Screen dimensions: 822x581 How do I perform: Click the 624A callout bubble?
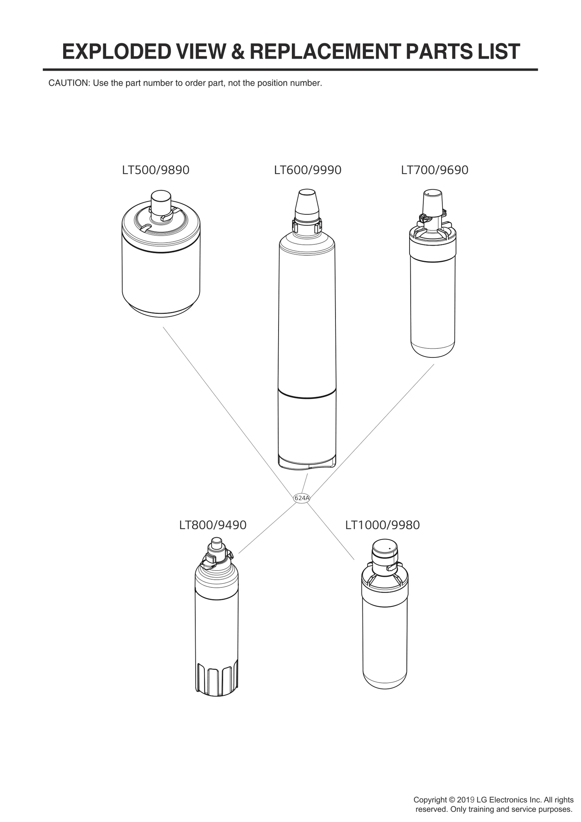301,498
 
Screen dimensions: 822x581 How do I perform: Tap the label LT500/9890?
156,170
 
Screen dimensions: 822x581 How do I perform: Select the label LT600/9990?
308,170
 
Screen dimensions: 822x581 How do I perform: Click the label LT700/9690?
435,170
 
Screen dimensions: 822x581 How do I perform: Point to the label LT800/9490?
213,525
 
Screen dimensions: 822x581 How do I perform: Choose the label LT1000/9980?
382,525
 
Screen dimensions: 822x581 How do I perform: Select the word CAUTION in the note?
69,83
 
